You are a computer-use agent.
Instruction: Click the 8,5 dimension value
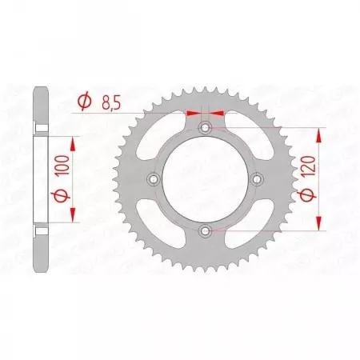pos(113,102)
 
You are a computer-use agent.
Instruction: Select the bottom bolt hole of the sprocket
pos(206,231)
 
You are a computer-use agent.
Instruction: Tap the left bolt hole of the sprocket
pos(154,180)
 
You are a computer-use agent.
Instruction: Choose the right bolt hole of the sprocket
pos(257,180)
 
